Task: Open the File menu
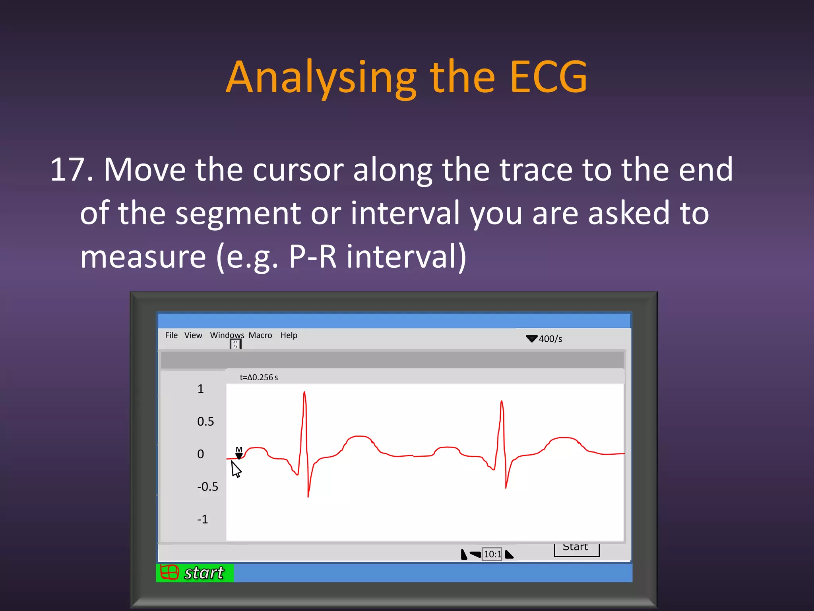(171, 335)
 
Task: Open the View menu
(193, 335)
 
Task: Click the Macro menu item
(260, 335)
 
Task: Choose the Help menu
(289, 335)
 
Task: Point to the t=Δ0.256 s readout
(259, 377)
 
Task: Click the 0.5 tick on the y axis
(205, 421)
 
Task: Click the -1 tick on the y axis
(202, 519)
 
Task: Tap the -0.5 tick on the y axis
(207, 486)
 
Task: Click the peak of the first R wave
(304, 393)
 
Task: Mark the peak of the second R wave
(502, 402)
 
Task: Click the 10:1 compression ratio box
(492, 554)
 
